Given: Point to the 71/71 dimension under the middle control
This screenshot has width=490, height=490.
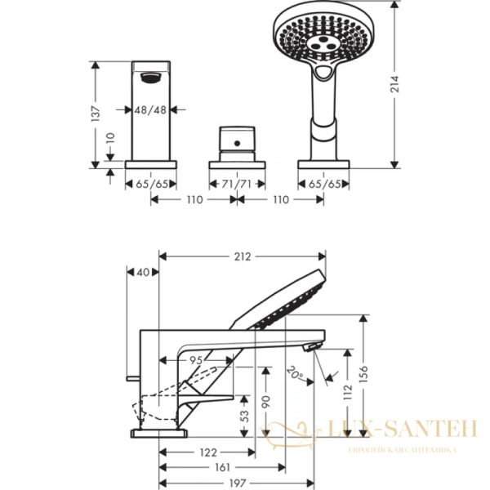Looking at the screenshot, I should (x=236, y=185).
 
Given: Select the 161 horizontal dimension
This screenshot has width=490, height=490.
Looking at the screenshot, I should (x=222, y=468).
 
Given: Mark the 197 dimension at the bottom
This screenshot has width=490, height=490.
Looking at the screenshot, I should (x=237, y=484).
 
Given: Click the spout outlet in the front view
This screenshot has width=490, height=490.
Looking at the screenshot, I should (x=150, y=78).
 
